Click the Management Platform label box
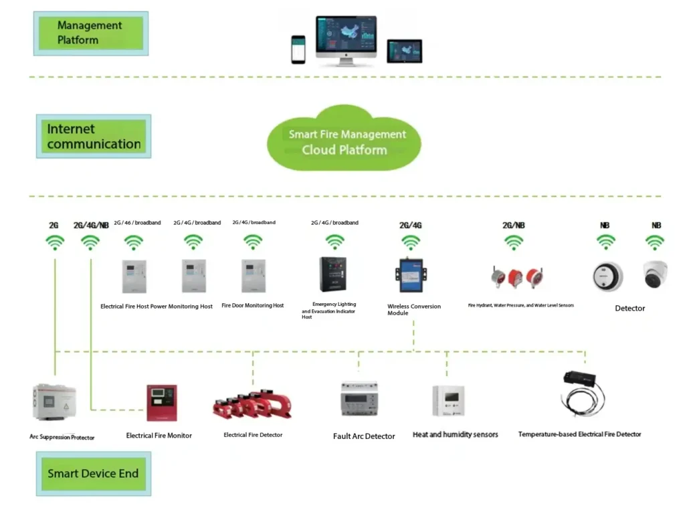coord(90,33)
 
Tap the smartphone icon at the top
coord(298,50)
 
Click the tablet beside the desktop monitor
coord(404,51)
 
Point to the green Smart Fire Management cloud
coord(345,141)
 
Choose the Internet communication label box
coord(94,136)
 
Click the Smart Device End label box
coord(93,473)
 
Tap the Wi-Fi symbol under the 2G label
coord(54,242)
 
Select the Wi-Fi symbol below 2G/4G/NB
coord(90,242)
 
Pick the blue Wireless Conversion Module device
coord(410,276)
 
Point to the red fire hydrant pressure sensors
coord(515,276)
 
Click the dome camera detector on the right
coord(655,274)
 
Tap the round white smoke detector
coord(607,276)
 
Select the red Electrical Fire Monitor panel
coord(162,402)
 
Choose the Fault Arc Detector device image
coord(360,400)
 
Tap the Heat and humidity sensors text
coord(455,434)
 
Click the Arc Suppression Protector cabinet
coord(54,403)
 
